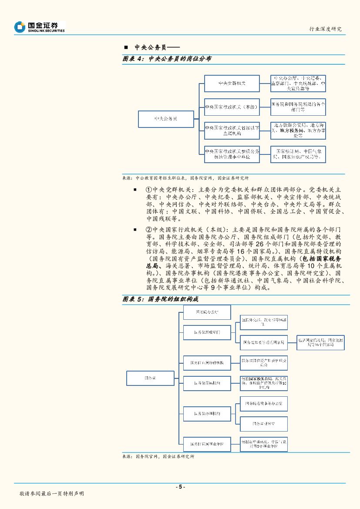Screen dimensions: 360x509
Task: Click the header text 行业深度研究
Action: pos(325,29)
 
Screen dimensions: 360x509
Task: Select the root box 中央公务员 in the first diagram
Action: pos(166,118)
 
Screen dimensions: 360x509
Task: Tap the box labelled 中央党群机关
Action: pos(232,83)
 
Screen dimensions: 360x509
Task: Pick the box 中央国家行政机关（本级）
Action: pos(232,107)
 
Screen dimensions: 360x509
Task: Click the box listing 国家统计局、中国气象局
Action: pos(298,154)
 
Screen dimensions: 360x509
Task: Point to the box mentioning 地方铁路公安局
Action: pos(298,130)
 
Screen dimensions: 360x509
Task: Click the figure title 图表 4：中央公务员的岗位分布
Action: pos(167,59)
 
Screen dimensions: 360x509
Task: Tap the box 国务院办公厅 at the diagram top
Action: pos(207,312)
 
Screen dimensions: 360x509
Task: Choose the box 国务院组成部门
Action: pos(207,332)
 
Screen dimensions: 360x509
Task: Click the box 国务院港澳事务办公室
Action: pos(263,404)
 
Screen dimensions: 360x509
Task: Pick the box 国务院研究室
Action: pos(263,423)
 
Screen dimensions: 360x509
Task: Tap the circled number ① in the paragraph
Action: pos(148,190)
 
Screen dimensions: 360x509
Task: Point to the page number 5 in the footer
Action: pos(180,487)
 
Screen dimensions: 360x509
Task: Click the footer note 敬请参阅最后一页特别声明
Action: pos(51,494)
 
